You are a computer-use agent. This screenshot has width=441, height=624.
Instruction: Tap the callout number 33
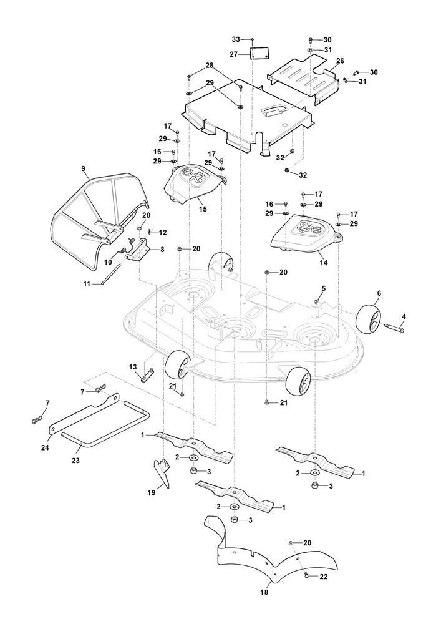(x=236, y=39)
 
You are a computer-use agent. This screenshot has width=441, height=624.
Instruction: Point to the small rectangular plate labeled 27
(x=259, y=54)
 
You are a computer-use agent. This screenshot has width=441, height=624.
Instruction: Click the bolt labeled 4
(x=395, y=327)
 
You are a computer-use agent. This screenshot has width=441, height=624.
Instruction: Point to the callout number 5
(x=323, y=288)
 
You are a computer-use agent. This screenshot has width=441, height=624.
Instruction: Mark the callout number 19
(x=151, y=492)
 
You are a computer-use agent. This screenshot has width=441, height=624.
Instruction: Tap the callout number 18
(x=264, y=592)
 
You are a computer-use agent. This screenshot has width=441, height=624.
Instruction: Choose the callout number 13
(x=132, y=366)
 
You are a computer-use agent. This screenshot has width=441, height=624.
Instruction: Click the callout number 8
(x=163, y=249)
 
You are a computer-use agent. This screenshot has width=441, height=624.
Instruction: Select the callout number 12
(x=163, y=232)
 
